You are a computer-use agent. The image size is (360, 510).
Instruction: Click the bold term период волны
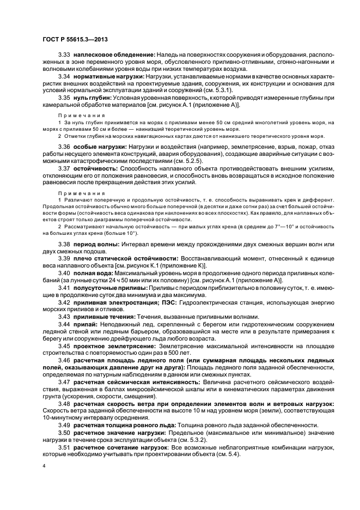[x=96, y=244]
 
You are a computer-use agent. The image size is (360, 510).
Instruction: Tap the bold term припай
[x=86, y=324]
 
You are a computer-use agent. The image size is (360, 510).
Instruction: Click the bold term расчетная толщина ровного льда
[x=126, y=424]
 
